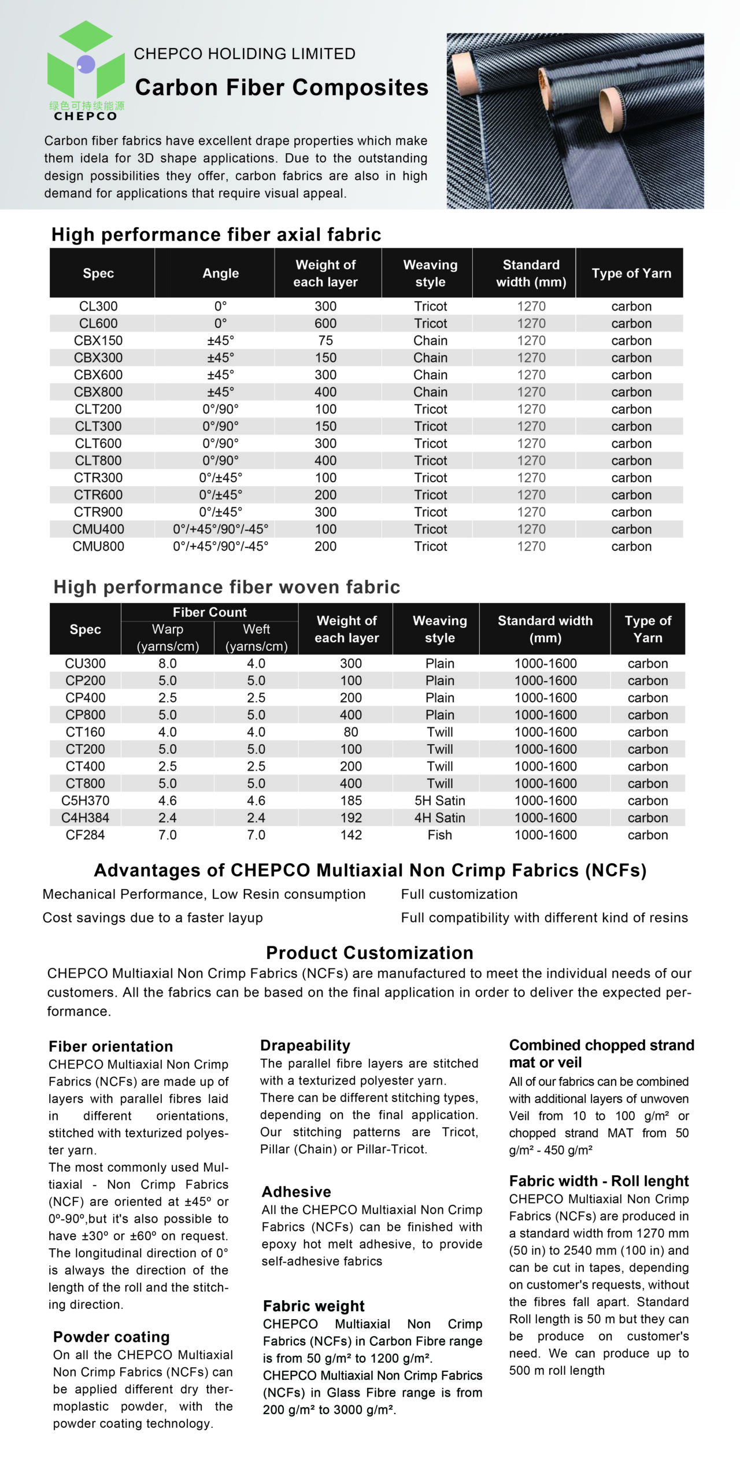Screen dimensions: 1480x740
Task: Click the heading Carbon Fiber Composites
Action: click(x=282, y=87)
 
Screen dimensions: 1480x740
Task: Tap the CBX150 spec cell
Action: click(x=98, y=341)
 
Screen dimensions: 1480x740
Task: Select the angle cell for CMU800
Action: click(x=220, y=546)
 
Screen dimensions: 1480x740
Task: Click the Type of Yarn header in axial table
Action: click(x=631, y=273)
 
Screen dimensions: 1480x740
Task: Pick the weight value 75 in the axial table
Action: click(x=325, y=341)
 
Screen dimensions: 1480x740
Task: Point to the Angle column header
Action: click(x=220, y=273)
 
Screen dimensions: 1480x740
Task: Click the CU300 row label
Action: click(x=85, y=664)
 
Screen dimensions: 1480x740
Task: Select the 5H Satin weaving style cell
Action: click(x=439, y=801)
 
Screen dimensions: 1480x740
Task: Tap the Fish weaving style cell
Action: click(x=439, y=835)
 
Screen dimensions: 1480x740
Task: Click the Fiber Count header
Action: click(x=209, y=612)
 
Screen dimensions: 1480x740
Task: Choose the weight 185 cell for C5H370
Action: click(x=350, y=801)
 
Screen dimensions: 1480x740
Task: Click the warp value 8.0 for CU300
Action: click(x=168, y=664)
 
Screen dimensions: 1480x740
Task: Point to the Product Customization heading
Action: click(x=369, y=953)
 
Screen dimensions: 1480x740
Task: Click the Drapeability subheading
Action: click(x=305, y=1045)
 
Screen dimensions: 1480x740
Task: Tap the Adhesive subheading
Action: click(x=296, y=1192)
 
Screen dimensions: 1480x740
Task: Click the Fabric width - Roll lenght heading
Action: click(x=599, y=1181)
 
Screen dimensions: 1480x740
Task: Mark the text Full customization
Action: click(x=459, y=894)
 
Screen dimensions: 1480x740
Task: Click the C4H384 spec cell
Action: click(x=85, y=818)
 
